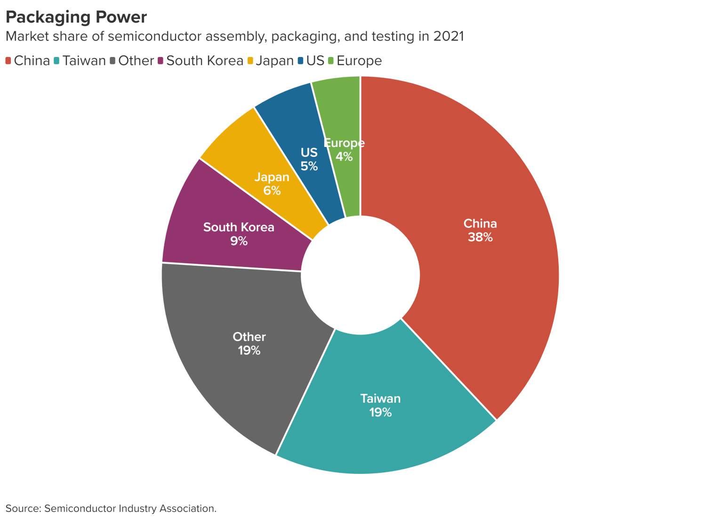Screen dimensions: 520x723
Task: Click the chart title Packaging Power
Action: click(76, 17)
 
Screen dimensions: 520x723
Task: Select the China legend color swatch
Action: click(8, 61)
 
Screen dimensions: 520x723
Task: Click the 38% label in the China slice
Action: click(480, 237)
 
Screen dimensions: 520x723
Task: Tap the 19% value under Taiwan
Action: click(380, 413)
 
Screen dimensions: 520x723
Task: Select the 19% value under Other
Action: click(249, 351)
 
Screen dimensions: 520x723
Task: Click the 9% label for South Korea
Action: click(239, 241)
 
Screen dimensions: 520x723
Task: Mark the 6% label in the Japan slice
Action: click(272, 191)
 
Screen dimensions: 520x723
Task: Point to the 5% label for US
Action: click(309, 166)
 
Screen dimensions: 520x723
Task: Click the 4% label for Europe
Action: click(345, 157)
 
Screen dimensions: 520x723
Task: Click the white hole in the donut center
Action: click(360, 276)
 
